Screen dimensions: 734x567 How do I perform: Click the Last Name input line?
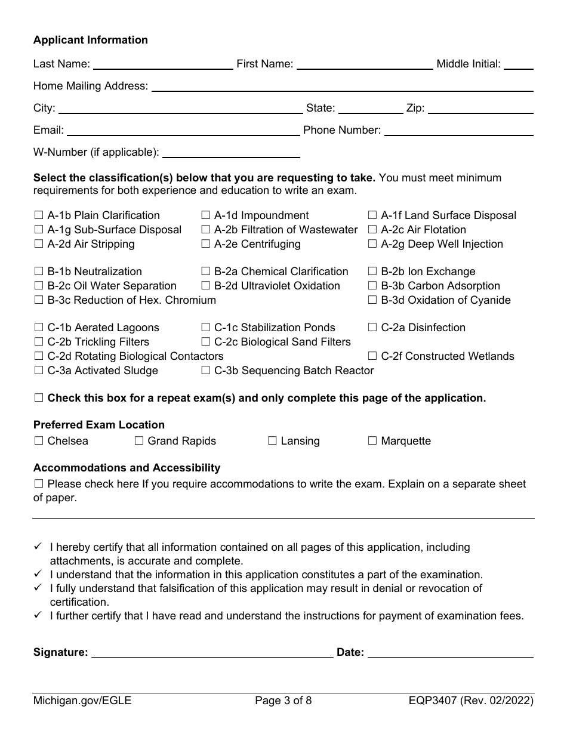[163, 64]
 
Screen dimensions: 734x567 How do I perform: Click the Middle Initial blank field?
[519, 64]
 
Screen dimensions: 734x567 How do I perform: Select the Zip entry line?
[480, 109]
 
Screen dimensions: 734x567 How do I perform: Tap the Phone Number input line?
[458, 131]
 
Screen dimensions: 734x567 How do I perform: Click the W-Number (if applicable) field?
[231, 153]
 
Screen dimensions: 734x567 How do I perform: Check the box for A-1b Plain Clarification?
[39, 215]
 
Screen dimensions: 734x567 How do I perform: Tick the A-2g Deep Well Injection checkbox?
[372, 244]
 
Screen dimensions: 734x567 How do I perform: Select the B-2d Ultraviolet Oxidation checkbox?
[205, 286]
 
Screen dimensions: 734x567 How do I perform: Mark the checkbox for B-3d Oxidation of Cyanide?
[372, 300]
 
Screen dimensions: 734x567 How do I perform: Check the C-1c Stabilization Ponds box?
[205, 328]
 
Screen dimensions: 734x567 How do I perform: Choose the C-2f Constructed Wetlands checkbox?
[372, 356]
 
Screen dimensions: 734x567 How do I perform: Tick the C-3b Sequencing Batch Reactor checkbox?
[205, 371]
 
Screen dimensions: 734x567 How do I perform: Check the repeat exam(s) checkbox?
[39, 398]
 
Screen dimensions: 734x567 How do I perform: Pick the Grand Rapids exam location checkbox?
[139, 441]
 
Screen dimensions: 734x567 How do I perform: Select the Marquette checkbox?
[372, 441]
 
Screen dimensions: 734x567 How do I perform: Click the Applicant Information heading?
[91, 40]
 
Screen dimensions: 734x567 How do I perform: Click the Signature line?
[212, 652]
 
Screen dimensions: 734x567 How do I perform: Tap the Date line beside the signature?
[451, 652]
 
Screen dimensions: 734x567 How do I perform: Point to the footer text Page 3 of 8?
[283, 701]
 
